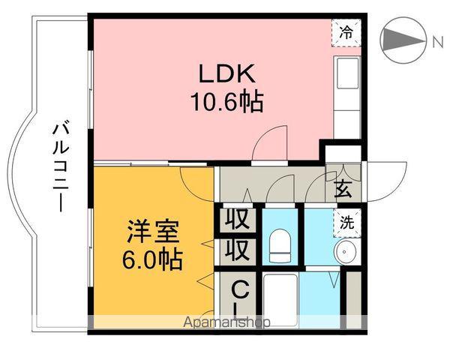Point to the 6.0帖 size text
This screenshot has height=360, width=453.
[x=152, y=259]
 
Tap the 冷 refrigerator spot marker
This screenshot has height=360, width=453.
[x=346, y=32]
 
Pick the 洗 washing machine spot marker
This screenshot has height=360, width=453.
[x=346, y=222]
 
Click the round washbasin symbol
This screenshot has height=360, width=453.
[x=346, y=252]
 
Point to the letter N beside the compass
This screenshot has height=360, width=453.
[x=437, y=41]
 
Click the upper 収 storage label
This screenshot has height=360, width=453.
[x=238, y=221]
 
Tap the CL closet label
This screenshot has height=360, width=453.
[x=239, y=298]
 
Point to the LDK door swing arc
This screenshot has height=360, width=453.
[x=270, y=142]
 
